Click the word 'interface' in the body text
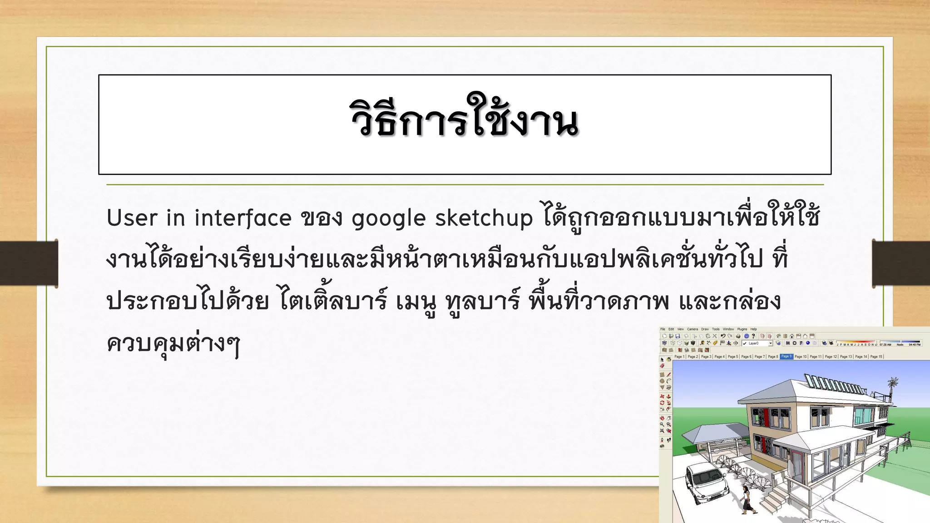click(x=243, y=218)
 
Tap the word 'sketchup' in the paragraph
click(x=484, y=218)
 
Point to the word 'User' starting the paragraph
click(x=132, y=218)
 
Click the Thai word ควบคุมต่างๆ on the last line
click(x=173, y=344)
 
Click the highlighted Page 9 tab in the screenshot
click(x=786, y=356)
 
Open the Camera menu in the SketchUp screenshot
click(x=693, y=329)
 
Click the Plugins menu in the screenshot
click(x=742, y=329)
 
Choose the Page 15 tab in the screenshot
click(x=876, y=357)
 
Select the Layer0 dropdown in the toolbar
click(x=757, y=343)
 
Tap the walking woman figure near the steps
click(x=746, y=499)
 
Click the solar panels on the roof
click(x=833, y=384)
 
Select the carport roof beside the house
click(x=713, y=433)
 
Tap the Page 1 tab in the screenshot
click(x=679, y=357)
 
